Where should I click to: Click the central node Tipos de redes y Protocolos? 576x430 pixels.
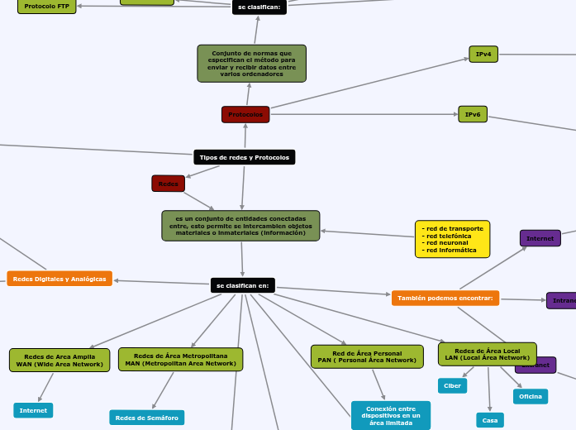(244, 157)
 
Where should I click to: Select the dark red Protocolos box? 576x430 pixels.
(245, 114)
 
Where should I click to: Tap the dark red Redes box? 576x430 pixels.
(168, 183)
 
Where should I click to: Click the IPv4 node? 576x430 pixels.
(483, 55)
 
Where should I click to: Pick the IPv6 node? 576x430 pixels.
(473, 114)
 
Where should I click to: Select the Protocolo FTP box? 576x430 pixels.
(46, 6)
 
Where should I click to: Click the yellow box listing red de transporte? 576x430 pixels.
(452, 239)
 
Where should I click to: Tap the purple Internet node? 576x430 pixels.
(540, 238)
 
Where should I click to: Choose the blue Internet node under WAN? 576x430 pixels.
(33, 410)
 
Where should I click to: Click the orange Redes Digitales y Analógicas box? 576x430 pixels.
(60, 279)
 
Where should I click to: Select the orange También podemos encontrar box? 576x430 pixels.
(445, 298)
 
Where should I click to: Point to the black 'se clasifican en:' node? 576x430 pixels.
(242, 285)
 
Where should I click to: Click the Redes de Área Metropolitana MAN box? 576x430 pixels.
(180, 359)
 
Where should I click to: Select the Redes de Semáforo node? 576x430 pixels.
(146, 418)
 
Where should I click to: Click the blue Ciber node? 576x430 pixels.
(452, 385)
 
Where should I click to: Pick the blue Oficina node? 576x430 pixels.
(530, 396)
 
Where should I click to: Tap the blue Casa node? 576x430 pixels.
(490, 420)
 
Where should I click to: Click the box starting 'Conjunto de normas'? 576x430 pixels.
(251, 64)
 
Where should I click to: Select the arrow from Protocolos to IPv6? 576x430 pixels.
(364, 114)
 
